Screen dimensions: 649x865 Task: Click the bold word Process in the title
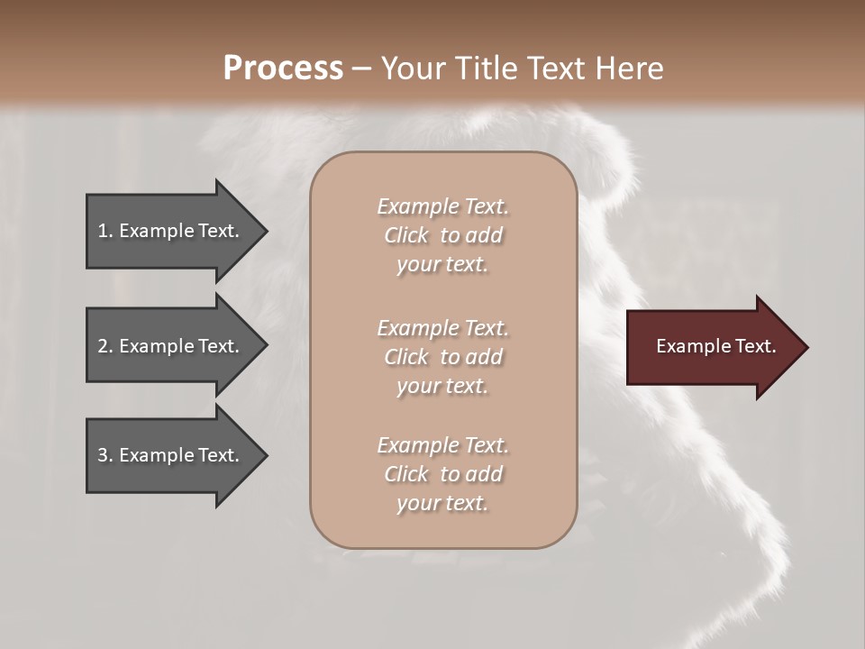click(283, 69)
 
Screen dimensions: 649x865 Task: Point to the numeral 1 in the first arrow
click(103, 231)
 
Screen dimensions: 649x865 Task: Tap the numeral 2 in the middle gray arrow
click(103, 346)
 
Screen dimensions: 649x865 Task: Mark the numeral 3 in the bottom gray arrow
click(103, 455)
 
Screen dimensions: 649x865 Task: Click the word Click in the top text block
click(406, 235)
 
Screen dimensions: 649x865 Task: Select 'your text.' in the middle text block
click(442, 386)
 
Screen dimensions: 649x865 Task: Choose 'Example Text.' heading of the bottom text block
click(442, 445)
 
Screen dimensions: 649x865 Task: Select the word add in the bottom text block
click(485, 474)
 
